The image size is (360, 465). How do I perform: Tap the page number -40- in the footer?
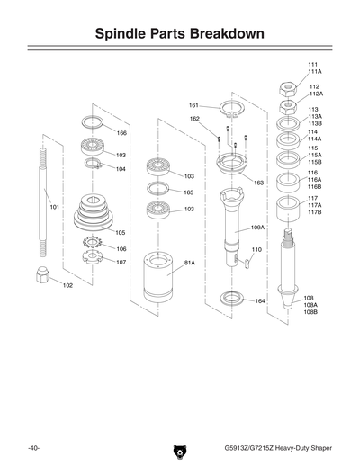click(x=32, y=447)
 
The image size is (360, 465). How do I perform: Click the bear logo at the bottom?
click(x=178, y=448)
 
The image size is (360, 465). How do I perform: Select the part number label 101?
click(x=55, y=207)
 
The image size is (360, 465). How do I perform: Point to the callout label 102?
click(x=67, y=285)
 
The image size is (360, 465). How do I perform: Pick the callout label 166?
click(x=121, y=132)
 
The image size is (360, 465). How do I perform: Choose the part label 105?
click(x=121, y=232)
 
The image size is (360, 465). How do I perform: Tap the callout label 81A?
click(x=190, y=263)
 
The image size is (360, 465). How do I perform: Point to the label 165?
click(x=189, y=192)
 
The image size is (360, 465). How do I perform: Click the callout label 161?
click(x=193, y=105)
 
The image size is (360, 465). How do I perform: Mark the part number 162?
click(x=194, y=119)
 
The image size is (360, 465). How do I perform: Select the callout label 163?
click(x=258, y=183)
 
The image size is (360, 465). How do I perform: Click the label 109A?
click(x=257, y=228)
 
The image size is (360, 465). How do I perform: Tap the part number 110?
click(x=256, y=249)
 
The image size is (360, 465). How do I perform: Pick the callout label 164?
click(x=259, y=301)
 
